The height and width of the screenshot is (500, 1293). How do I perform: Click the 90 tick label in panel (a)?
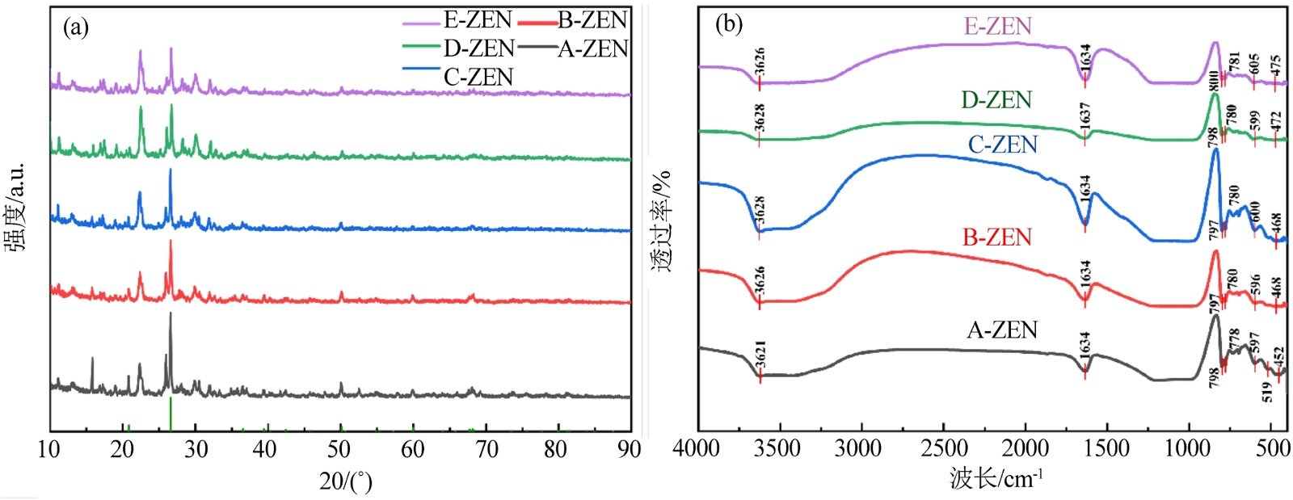[629, 449]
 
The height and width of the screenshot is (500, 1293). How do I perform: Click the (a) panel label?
[76, 27]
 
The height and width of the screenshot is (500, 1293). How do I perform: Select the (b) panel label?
[728, 24]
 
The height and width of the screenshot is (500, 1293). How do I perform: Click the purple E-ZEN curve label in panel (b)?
[997, 26]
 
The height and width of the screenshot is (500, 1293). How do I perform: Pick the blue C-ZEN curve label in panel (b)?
[1002, 145]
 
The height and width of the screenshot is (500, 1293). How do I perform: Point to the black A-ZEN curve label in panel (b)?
[1002, 330]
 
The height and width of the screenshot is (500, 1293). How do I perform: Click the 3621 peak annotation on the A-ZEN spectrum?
[760, 355]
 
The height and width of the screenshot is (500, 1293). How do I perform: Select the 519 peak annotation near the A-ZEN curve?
[1267, 392]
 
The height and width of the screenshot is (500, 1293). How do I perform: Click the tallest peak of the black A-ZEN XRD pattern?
[171, 313]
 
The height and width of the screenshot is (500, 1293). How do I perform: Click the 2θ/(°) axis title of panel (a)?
[345, 481]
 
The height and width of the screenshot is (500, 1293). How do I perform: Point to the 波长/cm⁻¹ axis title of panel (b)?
[996, 479]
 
